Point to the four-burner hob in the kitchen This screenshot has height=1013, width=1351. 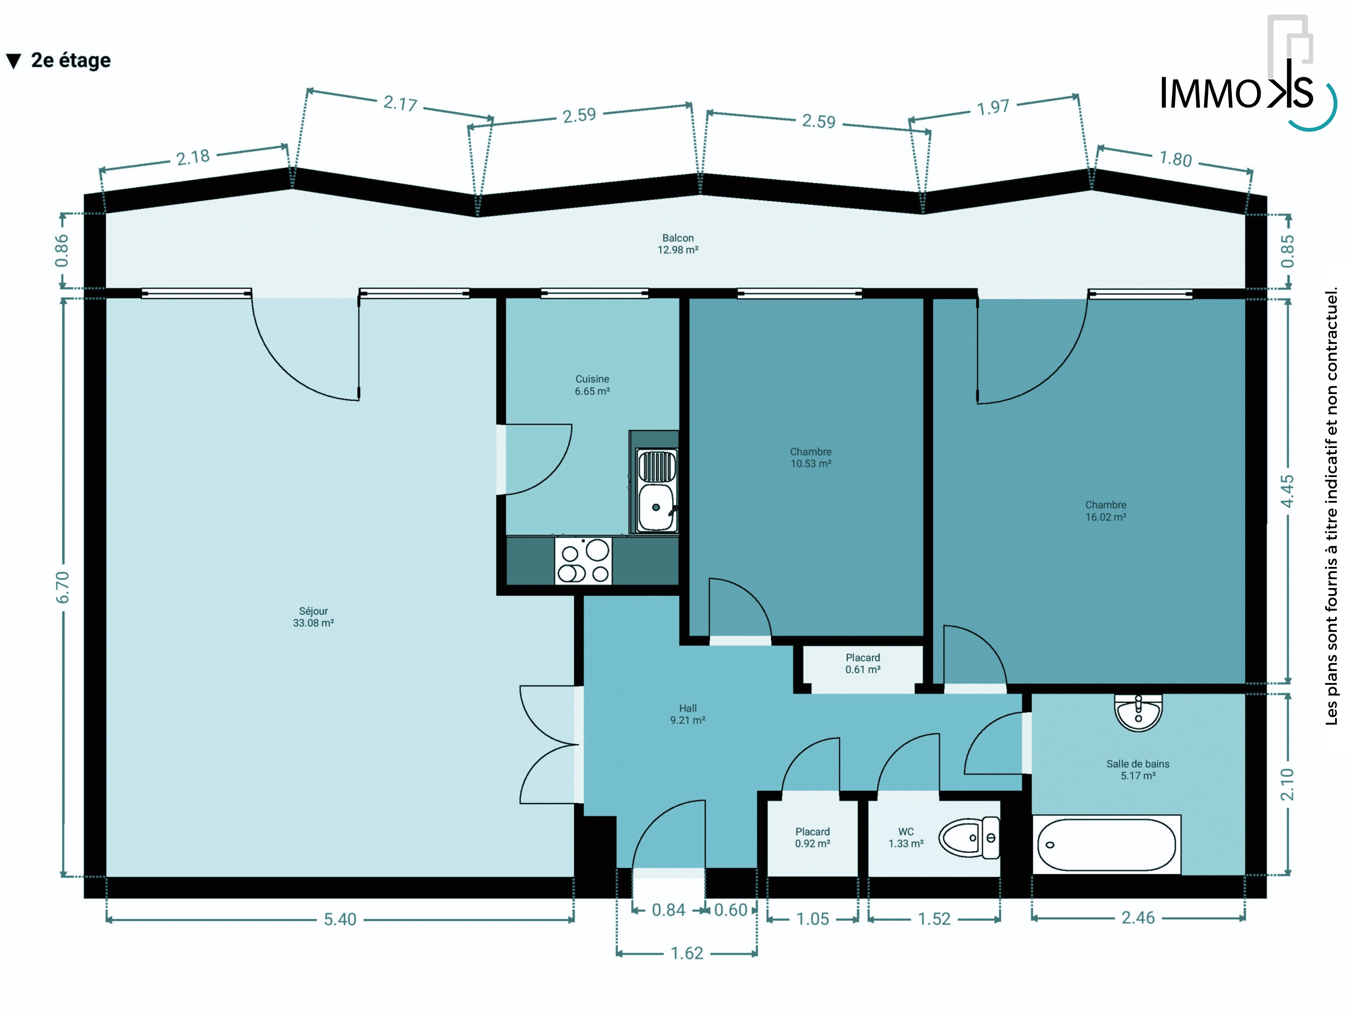583,561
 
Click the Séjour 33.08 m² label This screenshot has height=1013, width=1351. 313,617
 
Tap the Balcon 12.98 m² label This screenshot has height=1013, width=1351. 678,244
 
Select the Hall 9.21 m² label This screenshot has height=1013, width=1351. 688,714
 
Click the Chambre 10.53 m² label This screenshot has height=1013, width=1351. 811,457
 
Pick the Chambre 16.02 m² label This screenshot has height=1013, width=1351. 1105,511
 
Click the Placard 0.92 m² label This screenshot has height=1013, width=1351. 812,837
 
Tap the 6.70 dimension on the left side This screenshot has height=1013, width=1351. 63,588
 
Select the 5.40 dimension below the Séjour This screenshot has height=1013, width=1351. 340,919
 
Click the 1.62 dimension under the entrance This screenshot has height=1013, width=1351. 687,953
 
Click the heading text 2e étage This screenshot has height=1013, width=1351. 71,60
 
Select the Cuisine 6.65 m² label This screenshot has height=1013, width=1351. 592,385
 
